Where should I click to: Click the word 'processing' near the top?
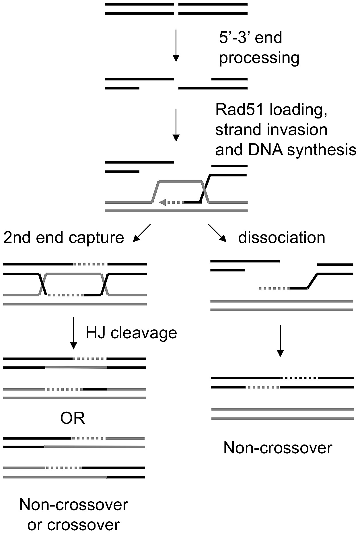coord(259,59)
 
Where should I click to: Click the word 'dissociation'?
coord(282,238)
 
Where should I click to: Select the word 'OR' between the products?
coord(73,418)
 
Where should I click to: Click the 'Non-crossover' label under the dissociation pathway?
coord(278,448)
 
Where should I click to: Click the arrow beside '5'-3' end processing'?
coord(176,45)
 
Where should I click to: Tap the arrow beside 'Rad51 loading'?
coord(176,125)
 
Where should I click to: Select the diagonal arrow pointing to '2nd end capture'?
coord(142,233)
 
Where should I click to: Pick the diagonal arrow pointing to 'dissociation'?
coord(217,233)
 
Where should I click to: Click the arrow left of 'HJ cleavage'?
coord(74,333)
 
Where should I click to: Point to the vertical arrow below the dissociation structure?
coord(280,341)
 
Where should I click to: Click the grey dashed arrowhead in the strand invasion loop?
coord(163,202)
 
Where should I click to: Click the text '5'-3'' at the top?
coord(235,38)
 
